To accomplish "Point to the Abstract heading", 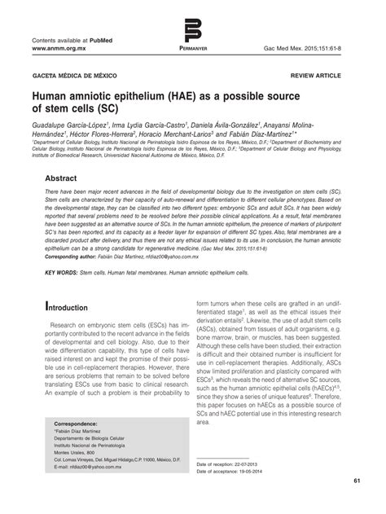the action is click(x=66, y=178).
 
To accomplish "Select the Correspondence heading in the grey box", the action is click(x=81, y=425).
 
